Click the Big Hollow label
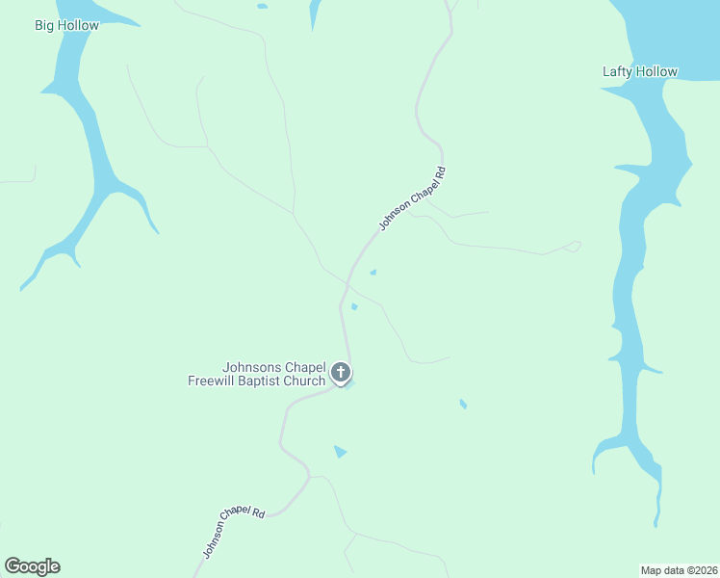point(66,25)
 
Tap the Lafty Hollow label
point(639,71)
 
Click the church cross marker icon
point(340,372)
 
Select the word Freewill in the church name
point(213,381)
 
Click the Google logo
point(32,566)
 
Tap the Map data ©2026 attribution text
point(680,570)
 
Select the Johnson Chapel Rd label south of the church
point(233,530)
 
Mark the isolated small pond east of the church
point(463,404)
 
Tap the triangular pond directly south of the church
point(339,451)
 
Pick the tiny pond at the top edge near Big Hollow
point(263,7)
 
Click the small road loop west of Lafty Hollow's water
point(575,247)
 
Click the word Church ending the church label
point(305,381)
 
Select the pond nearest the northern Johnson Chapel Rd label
point(373,272)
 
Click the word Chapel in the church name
point(303,367)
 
